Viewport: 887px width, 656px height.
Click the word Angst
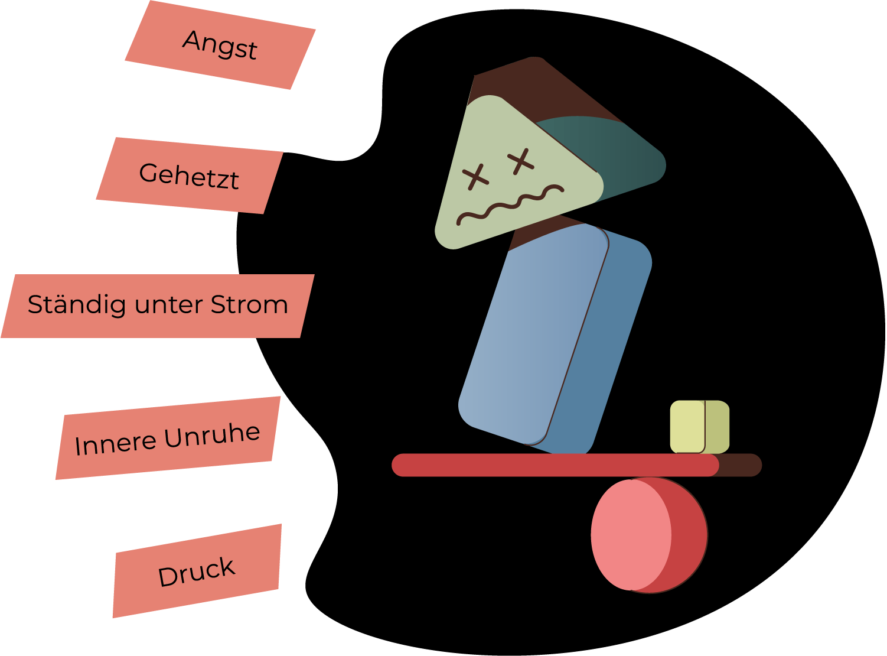220,45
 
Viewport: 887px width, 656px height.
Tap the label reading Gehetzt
189,176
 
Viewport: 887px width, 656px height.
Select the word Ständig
79,305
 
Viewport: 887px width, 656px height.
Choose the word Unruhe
212,436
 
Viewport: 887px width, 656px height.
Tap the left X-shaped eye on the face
475,176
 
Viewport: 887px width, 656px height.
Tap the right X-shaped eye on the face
520,160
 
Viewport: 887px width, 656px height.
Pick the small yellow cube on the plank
699,427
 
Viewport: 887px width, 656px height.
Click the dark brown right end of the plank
741,465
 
